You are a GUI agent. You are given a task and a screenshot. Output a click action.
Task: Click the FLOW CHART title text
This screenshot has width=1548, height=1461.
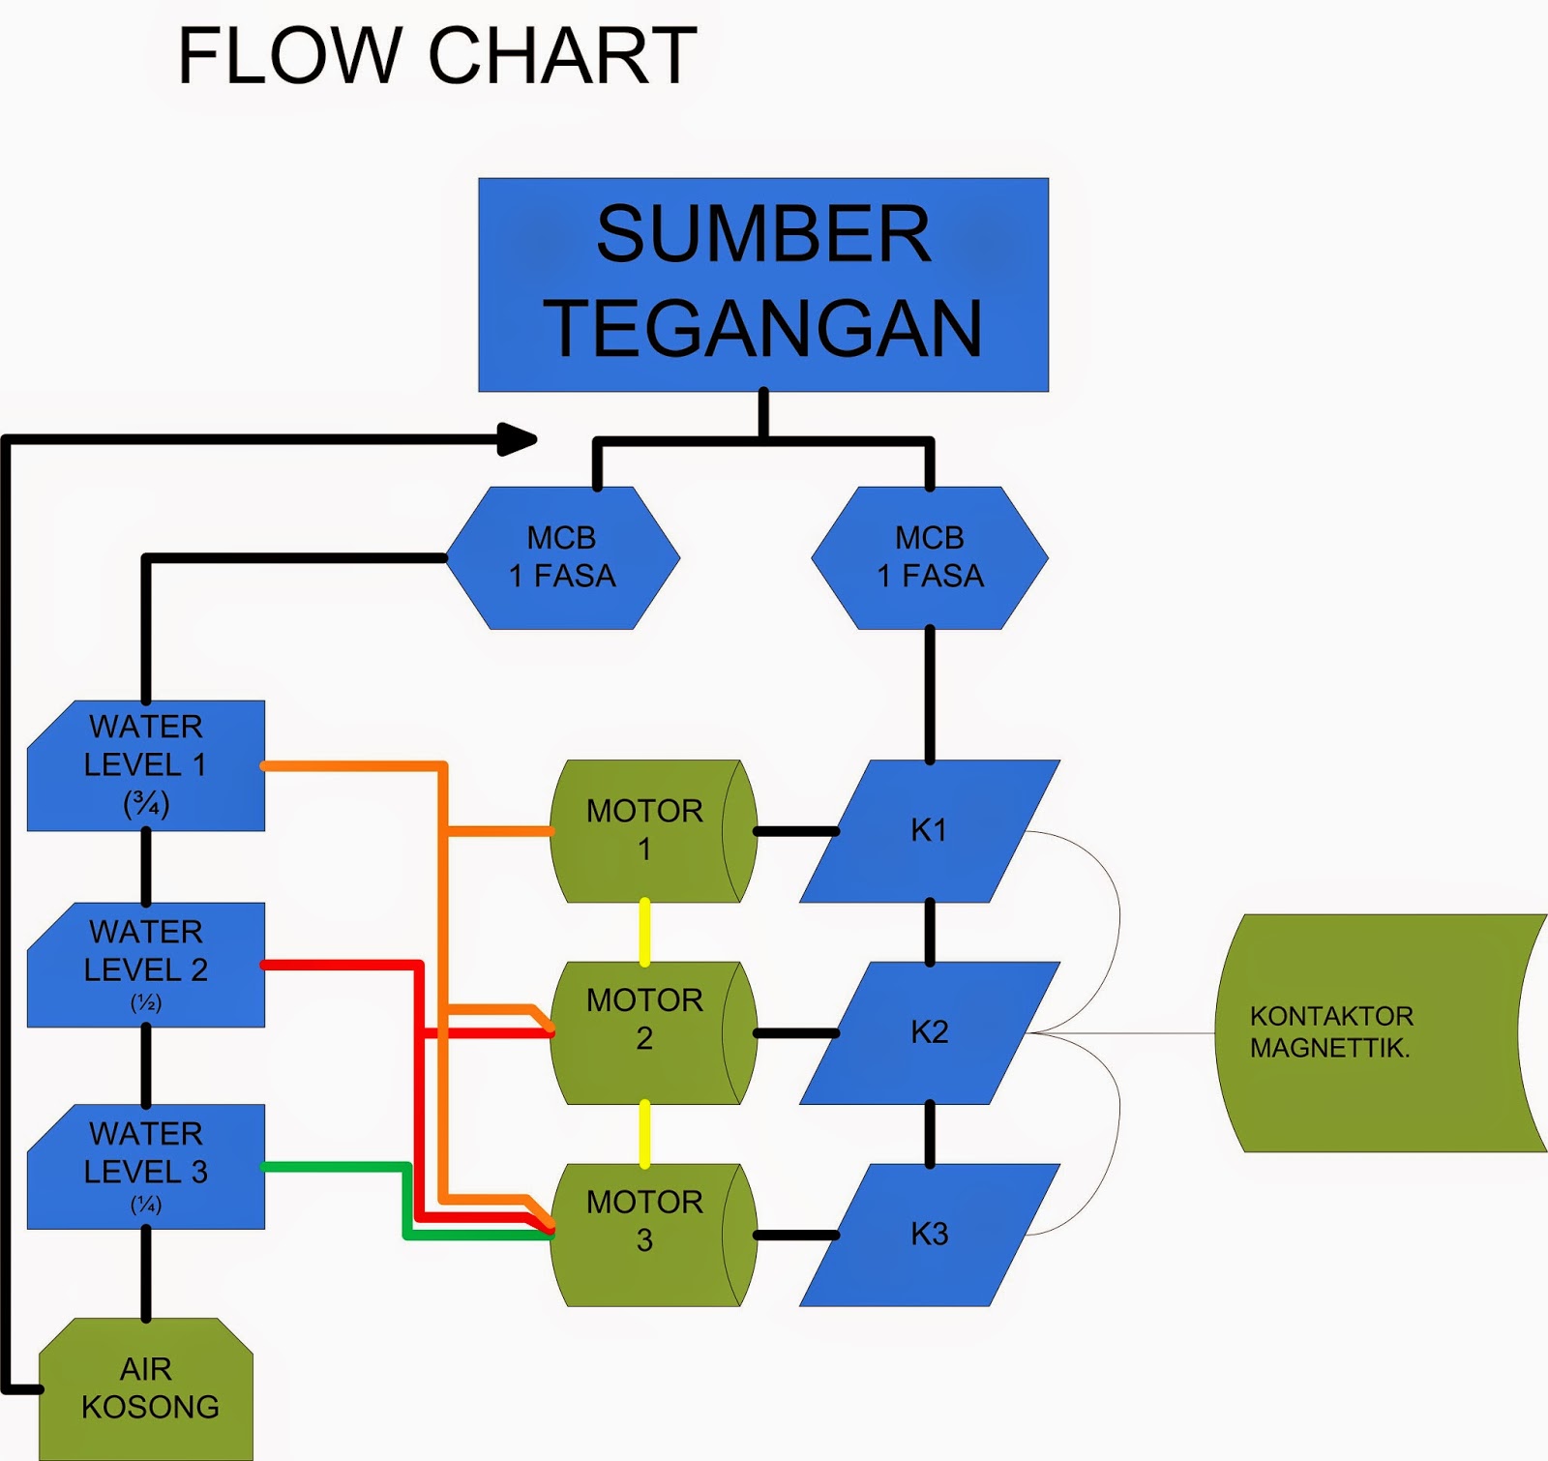click(437, 56)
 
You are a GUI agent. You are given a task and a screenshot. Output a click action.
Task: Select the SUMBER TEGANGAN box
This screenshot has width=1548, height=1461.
click(763, 283)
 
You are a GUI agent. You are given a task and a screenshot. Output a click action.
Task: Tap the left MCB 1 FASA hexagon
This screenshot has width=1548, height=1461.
click(562, 557)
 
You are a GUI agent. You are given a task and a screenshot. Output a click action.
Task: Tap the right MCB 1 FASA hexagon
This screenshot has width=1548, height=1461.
click(930, 557)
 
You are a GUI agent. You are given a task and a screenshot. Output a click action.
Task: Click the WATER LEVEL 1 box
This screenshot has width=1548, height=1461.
click(146, 764)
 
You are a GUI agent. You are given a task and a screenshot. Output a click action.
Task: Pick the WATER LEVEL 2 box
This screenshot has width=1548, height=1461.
click(146, 965)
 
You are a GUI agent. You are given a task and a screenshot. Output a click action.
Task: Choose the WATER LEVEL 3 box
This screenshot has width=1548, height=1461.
click(146, 1166)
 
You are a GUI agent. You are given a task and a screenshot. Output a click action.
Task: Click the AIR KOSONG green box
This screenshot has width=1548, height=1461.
click(147, 1387)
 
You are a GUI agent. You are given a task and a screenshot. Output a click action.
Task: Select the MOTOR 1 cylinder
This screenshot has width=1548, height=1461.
click(643, 830)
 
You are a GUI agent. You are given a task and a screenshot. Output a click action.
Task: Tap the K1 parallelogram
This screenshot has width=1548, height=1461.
click(929, 830)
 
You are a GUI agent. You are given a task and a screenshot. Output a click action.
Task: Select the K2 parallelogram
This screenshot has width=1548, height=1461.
click(929, 1032)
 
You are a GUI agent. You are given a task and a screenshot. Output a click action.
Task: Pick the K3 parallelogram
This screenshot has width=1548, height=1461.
click(929, 1235)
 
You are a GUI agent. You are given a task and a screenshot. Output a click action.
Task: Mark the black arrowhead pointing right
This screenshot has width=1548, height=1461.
click(517, 438)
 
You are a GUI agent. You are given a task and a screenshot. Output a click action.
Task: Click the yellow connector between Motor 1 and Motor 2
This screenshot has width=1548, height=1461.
click(644, 932)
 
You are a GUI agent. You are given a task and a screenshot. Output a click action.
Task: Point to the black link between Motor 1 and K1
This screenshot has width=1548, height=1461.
click(795, 831)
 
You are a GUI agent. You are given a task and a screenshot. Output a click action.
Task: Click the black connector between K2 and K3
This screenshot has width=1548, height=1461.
click(930, 1133)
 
